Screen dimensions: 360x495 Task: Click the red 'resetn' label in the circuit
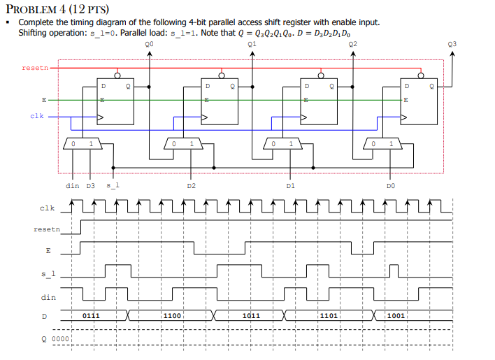[35, 68]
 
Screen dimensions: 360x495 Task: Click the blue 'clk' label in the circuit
[37, 116]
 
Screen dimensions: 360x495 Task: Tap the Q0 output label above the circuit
[148, 43]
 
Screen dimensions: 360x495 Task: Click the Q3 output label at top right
[452, 43]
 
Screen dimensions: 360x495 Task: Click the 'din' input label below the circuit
[72, 186]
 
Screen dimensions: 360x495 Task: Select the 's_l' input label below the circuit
[113, 186]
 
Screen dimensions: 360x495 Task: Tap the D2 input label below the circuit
[191, 186]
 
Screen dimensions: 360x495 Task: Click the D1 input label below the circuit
[291, 186]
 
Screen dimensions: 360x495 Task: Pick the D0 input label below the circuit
[391, 186]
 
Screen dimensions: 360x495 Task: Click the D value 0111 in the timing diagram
[91, 316]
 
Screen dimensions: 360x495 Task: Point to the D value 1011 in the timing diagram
[251, 316]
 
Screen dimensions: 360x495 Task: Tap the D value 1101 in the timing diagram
[329, 316]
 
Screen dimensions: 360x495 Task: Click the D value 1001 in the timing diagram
[396, 316]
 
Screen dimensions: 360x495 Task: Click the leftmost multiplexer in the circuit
[82, 143]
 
